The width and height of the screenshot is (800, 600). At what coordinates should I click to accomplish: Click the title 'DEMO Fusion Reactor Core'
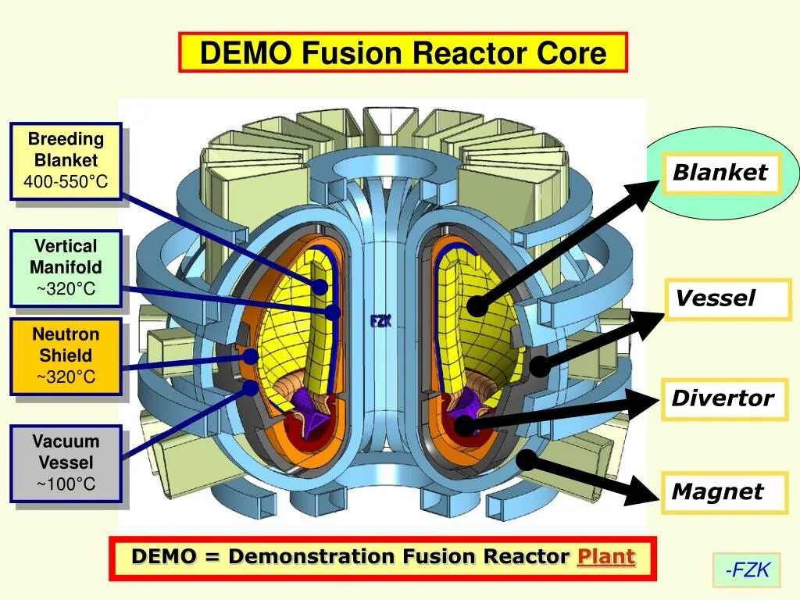click(402, 53)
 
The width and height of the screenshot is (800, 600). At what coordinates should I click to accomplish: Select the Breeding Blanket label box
click(66, 161)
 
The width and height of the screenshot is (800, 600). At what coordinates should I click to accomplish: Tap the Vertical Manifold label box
click(66, 268)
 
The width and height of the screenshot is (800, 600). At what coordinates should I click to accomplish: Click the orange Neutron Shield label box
click(66, 356)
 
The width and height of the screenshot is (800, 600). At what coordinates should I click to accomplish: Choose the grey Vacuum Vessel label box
click(66, 463)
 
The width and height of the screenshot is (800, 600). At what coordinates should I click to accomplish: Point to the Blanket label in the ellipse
click(720, 173)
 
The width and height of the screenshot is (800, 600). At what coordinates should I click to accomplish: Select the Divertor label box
click(723, 398)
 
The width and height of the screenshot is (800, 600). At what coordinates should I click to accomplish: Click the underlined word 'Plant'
click(605, 557)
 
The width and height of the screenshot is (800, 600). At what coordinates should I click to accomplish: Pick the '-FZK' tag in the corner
click(747, 570)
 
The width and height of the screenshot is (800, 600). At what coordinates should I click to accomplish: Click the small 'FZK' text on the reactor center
click(380, 321)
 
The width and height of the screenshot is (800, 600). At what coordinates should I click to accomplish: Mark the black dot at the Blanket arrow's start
click(477, 306)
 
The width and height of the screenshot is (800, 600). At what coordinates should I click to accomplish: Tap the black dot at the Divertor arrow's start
click(463, 426)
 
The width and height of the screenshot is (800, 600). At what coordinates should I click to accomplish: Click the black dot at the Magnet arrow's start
click(527, 459)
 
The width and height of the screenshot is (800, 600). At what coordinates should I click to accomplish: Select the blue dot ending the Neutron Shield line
click(250, 357)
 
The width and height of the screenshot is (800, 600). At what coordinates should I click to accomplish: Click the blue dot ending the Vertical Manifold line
click(334, 312)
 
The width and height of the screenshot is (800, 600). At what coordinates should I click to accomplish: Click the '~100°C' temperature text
click(66, 484)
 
